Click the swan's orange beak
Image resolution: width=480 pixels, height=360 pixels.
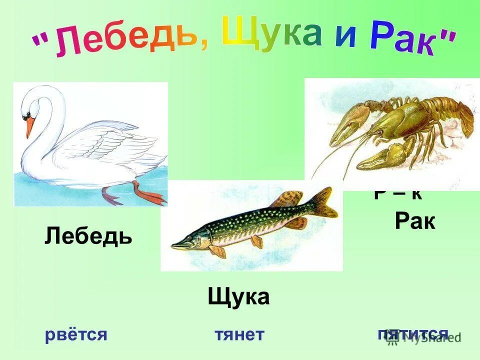pos(30,126)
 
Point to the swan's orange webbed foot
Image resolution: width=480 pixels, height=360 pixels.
pos(150,195)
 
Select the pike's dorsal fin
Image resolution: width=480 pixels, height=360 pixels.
pos(288,198)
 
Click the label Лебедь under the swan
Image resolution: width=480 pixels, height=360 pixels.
pos(88,235)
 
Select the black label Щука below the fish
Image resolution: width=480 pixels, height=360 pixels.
pos(238,297)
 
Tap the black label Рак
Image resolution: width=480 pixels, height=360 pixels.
pos(415,221)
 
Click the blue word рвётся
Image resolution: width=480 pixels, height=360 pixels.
pos(76,334)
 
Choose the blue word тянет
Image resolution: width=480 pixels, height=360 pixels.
pos(239,334)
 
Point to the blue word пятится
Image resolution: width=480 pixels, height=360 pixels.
pos(413,334)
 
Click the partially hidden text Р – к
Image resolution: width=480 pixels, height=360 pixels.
pos(398,194)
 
